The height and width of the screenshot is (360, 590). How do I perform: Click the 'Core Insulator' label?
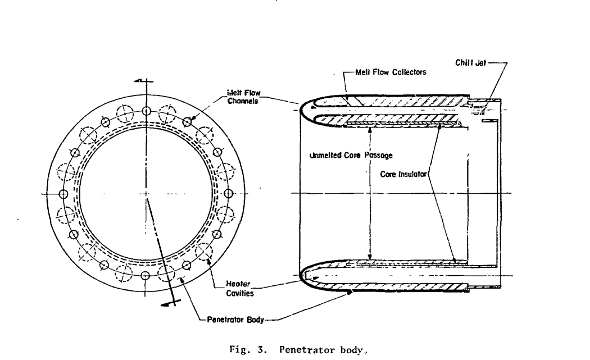coord(401,174)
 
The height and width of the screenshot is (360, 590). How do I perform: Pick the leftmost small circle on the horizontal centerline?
coord(62,194)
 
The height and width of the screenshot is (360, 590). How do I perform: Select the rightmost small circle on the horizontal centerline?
coord(229,194)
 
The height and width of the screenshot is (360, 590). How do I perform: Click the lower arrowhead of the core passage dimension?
coord(369,257)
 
